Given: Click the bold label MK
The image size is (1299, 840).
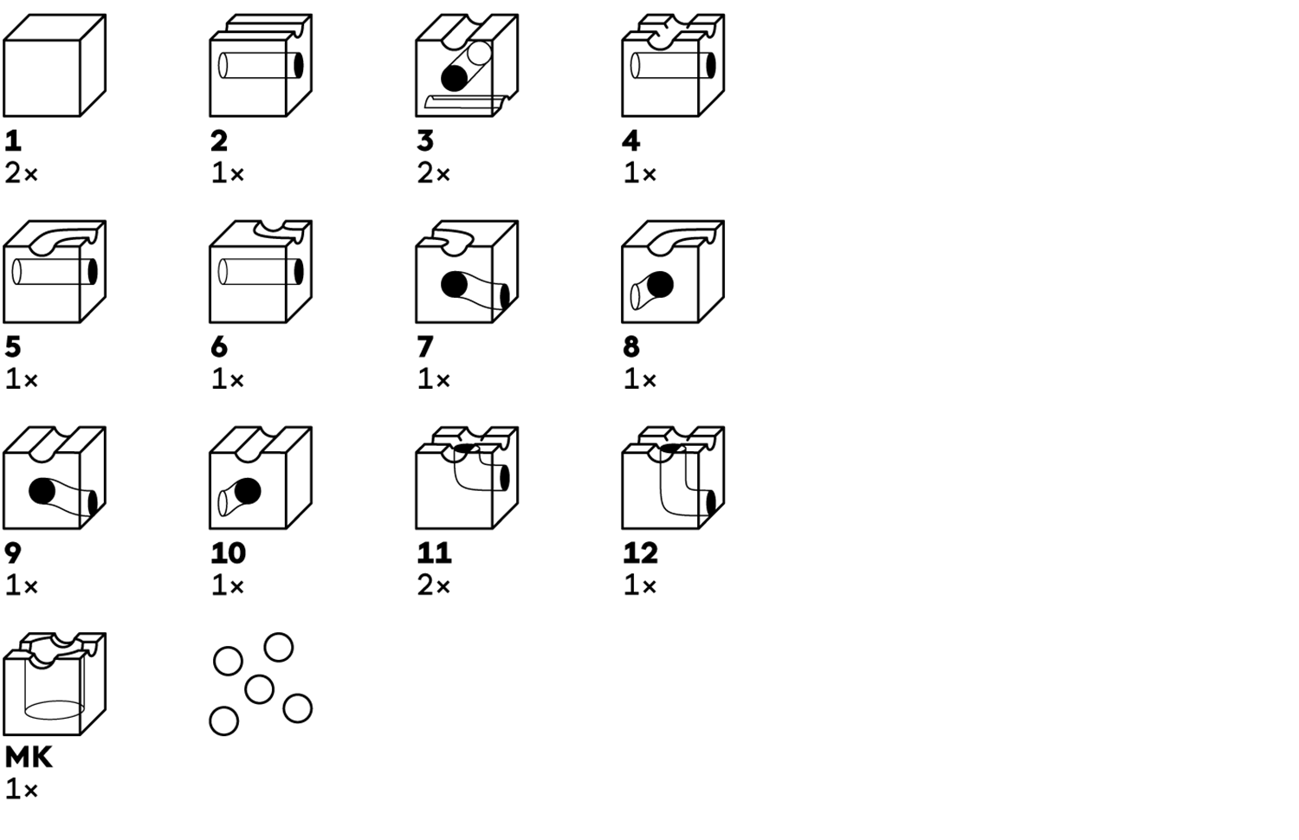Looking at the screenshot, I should [29, 758].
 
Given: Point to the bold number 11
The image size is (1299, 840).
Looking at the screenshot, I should [434, 552].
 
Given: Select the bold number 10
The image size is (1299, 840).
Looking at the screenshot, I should [229, 552].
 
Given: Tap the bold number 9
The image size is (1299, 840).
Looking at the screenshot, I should [13, 552].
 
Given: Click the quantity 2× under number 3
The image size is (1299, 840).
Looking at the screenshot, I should [434, 173].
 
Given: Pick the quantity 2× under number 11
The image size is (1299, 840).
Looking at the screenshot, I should [434, 585].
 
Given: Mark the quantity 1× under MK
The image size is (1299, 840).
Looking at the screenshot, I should [22, 790].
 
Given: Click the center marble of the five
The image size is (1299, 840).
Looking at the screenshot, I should [259, 689].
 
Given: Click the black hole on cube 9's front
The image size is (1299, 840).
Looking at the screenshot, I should [42, 491].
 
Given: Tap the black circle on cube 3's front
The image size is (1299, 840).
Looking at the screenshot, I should [454, 79].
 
